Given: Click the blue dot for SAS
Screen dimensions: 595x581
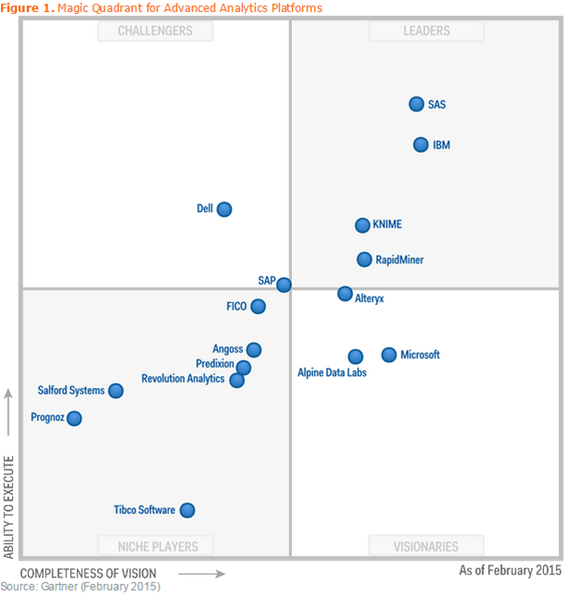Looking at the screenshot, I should (417, 104).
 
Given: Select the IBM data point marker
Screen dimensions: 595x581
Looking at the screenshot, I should (421, 145).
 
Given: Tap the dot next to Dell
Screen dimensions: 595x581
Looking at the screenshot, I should (224, 209).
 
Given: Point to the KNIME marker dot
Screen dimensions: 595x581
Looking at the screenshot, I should (363, 225).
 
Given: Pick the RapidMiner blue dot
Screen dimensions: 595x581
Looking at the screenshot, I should (365, 260).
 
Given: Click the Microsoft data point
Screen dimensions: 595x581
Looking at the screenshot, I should (389, 355).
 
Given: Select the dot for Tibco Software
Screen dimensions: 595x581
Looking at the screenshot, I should (188, 510).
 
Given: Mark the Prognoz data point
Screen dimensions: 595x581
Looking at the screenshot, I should (74, 419).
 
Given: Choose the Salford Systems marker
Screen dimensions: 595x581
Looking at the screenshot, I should (115, 391).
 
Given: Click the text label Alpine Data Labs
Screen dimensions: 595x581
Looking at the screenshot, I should (332, 373).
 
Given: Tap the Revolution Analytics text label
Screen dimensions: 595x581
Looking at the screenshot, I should (183, 379).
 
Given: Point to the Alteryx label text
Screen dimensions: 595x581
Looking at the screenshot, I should (369, 299).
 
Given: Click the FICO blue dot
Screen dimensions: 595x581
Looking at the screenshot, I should (258, 307).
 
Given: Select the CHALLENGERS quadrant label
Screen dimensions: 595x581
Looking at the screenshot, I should (155, 31).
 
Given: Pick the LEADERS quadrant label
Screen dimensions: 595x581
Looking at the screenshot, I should (426, 31).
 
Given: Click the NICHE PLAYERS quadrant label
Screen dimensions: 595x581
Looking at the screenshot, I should (155, 545).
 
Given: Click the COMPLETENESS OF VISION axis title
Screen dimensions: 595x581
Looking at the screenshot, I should (89, 574).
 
